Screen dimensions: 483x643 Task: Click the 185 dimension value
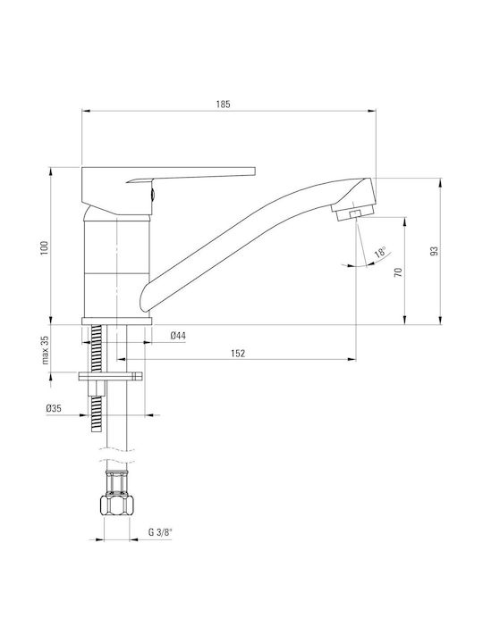tap(224, 104)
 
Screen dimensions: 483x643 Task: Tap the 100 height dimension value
tap(45, 247)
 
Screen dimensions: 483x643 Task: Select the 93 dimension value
tap(435, 251)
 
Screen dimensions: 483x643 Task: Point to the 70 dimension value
tap(398, 271)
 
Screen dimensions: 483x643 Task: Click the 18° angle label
tap(381, 253)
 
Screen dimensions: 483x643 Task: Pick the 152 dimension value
tap(238, 353)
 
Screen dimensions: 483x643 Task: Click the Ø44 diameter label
tap(178, 336)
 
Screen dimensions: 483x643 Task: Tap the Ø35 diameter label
tap(54, 408)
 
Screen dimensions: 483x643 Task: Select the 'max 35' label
tap(46, 350)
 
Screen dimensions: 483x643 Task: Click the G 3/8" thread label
tap(160, 532)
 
